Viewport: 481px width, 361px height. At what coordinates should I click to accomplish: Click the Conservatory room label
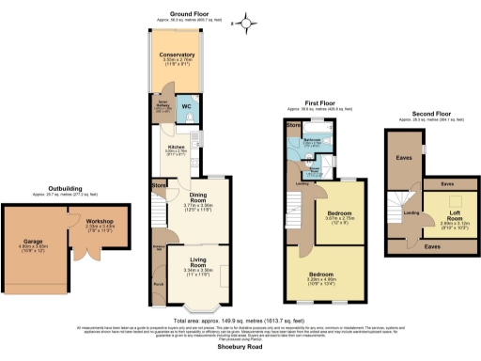[x=177, y=55]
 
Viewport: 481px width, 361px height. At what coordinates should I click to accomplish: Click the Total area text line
[x=241, y=320]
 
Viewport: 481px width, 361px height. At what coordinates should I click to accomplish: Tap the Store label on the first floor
[x=294, y=124]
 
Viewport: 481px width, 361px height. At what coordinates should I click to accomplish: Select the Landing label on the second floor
[x=411, y=212]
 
